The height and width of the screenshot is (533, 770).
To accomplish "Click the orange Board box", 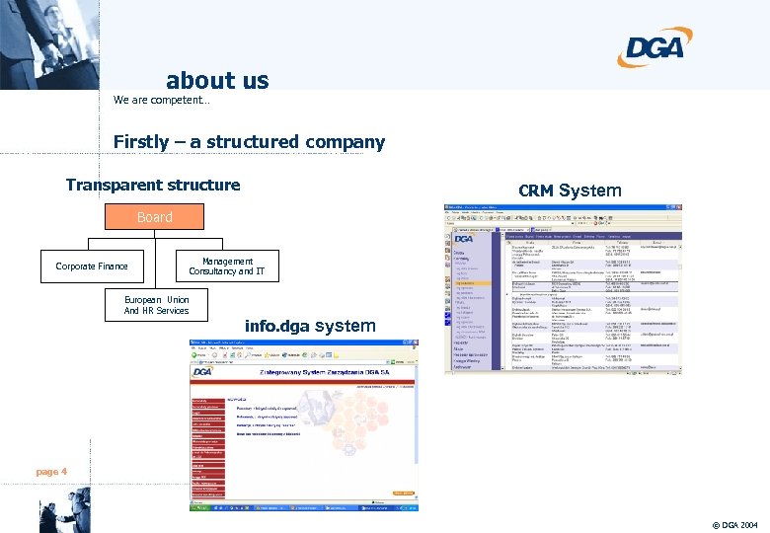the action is [154, 217].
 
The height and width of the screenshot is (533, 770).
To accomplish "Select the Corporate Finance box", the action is [92, 266].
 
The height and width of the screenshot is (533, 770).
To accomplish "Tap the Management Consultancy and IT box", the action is [227, 266].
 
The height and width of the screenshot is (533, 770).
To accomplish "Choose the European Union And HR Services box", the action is [156, 305].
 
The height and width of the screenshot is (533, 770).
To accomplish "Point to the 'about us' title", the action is [217, 80].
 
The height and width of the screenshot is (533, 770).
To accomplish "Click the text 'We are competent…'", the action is [161, 101].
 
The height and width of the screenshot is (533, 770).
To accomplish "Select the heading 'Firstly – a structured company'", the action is [249, 142].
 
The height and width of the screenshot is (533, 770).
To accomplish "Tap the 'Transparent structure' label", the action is [153, 185].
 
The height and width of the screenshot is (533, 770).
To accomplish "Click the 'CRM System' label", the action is [570, 190].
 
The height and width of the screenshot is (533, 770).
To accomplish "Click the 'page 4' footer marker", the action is [51, 472].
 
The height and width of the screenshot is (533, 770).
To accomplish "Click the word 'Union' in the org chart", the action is [178, 299].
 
